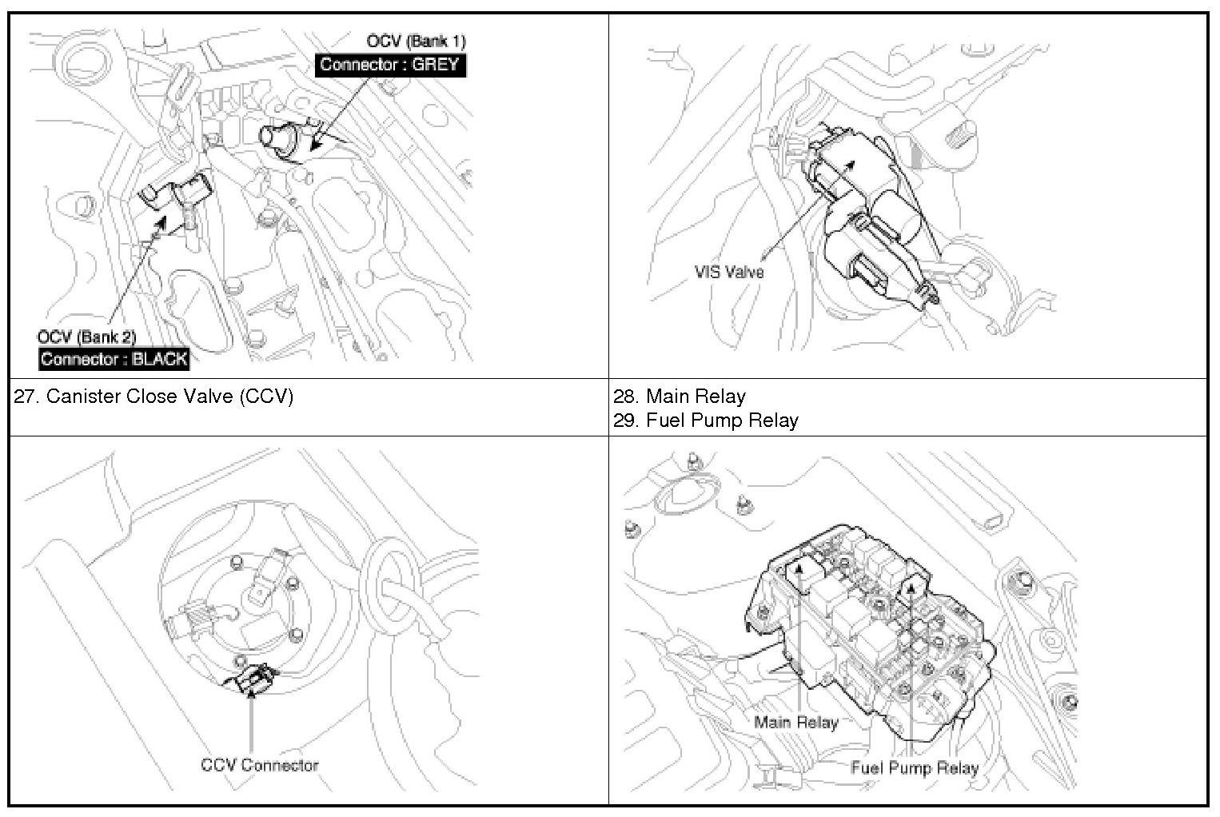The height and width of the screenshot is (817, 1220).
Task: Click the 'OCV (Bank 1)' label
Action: click(416, 41)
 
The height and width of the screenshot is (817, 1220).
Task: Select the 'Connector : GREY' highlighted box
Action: click(390, 65)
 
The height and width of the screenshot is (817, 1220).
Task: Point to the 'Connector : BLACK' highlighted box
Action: click(114, 359)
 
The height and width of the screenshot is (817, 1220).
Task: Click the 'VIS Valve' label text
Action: click(729, 272)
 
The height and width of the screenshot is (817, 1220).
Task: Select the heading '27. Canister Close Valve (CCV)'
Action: click(154, 397)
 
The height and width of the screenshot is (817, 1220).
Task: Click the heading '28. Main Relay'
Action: click(680, 397)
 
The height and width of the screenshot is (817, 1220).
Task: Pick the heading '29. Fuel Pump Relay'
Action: click(706, 420)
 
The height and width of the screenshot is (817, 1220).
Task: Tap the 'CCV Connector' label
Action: click(260, 765)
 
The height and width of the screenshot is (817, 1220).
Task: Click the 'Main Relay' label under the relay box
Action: click(795, 723)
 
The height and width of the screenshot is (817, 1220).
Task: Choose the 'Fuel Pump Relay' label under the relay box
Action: click(915, 768)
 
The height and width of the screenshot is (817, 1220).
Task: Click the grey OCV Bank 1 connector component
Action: click(279, 137)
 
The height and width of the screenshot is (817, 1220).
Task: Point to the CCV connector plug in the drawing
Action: click(252, 680)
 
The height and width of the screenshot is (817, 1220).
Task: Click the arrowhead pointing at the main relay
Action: click(796, 570)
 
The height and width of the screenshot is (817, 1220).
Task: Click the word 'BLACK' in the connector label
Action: click(159, 359)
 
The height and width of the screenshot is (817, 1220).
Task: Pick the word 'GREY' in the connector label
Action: click(436, 65)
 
